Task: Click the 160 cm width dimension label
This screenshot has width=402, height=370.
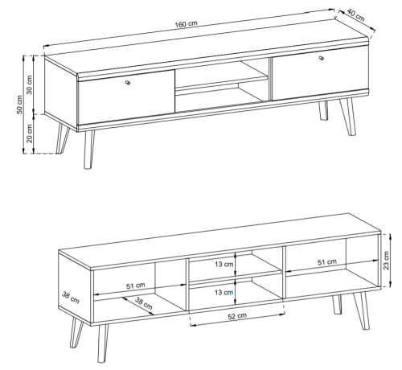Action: [x=186, y=24]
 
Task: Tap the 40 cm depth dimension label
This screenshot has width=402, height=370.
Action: [x=356, y=14]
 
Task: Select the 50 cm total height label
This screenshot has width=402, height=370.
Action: [x=20, y=105]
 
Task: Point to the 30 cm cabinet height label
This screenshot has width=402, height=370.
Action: [x=30, y=84]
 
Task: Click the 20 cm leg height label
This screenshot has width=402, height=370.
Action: [x=30, y=134]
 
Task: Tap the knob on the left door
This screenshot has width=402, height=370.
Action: [x=128, y=83]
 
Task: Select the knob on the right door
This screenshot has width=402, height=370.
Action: [x=322, y=58]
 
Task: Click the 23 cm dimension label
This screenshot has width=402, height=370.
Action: [x=386, y=261]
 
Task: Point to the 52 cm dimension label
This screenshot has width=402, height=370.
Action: [x=237, y=316]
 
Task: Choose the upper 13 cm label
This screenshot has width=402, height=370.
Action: [x=224, y=265]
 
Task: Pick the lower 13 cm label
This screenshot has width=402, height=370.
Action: [x=224, y=292]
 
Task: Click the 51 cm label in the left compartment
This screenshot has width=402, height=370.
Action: [x=136, y=286]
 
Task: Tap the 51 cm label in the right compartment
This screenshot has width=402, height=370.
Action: [x=327, y=262]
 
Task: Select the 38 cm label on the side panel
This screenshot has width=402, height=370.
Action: [x=71, y=298]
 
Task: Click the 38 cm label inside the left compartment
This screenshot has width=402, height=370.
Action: [x=144, y=303]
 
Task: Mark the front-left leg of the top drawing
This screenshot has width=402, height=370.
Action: [x=88, y=150]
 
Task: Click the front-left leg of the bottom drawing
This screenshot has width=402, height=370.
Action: [x=103, y=343]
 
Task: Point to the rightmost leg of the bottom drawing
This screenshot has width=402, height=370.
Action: [x=361, y=310]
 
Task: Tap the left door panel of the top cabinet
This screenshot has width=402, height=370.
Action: [x=126, y=98]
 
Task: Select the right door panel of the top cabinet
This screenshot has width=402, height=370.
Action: [x=320, y=73]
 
